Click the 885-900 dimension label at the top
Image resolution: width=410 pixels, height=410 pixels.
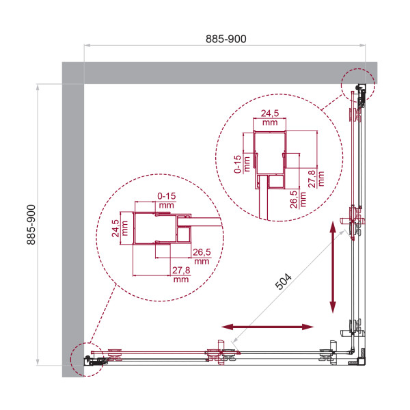coord(225,39)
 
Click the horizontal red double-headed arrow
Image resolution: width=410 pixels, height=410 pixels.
coord(269,328)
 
